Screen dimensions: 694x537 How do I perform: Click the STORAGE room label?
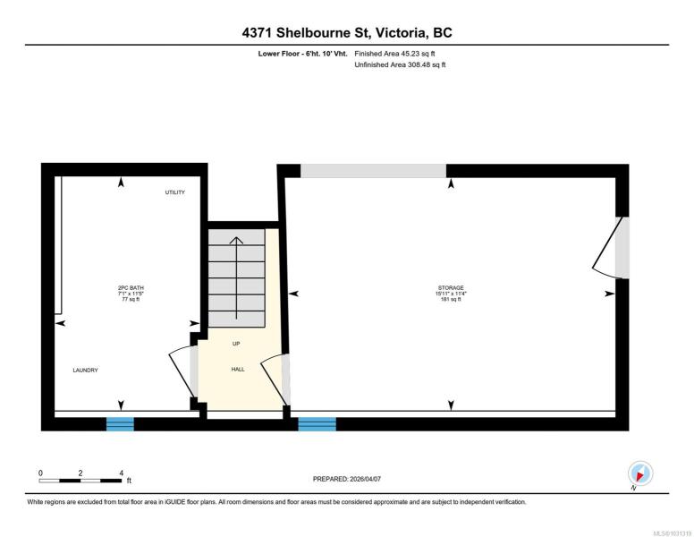[x=451, y=287]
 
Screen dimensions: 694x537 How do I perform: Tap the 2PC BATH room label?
[x=131, y=287]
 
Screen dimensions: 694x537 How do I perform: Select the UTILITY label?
[x=174, y=192]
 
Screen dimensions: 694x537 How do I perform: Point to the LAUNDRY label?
[x=86, y=370]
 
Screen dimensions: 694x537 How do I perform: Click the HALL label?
[x=238, y=369]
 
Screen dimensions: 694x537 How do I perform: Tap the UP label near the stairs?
[x=236, y=344]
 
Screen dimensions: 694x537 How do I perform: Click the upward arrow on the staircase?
[x=236, y=278]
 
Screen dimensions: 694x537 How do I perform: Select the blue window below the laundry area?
[x=120, y=424]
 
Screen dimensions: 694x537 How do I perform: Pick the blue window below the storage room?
[x=317, y=424]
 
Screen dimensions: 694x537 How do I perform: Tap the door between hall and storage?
[x=275, y=380]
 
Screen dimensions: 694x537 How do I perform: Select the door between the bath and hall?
[x=183, y=371]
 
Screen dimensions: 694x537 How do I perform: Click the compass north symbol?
[x=640, y=474]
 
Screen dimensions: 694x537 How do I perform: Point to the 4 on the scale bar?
[x=122, y=473]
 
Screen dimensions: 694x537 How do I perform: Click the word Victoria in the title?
[x=402, y=33]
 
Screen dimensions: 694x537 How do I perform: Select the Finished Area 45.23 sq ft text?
[x=394, y=54]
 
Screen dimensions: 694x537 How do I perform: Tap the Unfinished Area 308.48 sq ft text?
[x=400, y=64]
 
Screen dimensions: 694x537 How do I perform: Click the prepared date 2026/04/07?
[x=365, y=479]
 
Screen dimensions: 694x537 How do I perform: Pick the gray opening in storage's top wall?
[x=373, y=171]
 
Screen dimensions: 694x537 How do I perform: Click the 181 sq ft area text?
[x=451, y=299]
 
